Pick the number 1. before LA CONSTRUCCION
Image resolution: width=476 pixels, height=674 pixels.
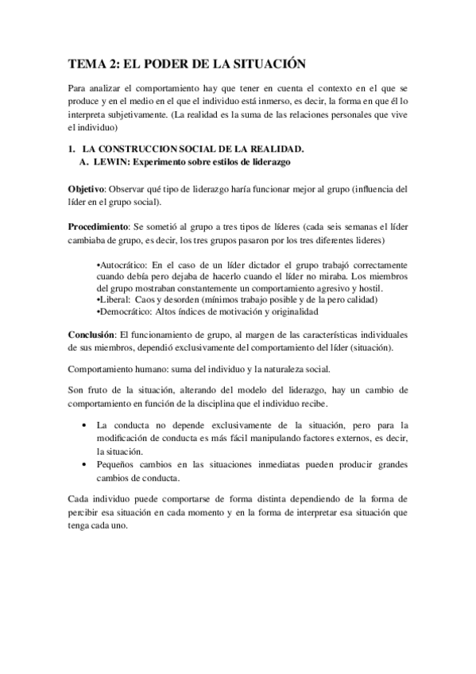[72, 149]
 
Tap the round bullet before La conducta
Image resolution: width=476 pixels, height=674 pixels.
[85, 425]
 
